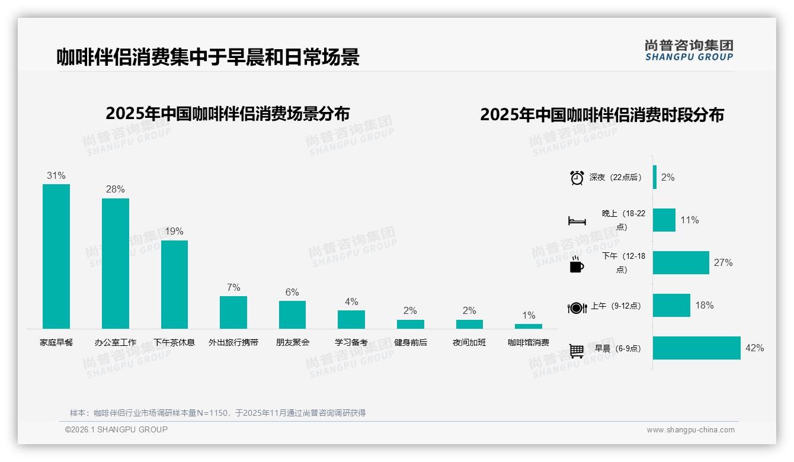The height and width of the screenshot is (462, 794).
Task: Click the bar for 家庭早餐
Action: [x=56, y=256]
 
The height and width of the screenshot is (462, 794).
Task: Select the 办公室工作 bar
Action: [x=115, y=263]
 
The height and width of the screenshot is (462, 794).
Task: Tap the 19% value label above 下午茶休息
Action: [x=174, y=231]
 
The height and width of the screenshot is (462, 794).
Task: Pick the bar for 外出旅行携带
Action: [x=233, y=312]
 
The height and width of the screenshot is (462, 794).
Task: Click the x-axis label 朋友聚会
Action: [x=292, y=342]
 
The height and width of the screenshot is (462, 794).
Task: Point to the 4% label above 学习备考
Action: [x=351, y=301]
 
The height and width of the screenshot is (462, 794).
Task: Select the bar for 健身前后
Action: [x=410, y=324]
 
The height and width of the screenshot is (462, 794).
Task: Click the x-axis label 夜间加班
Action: [x=469, y=342]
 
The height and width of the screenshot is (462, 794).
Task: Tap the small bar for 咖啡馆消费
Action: [x=528, y=326]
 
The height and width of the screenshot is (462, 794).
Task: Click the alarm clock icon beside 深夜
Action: [x=577, y=178]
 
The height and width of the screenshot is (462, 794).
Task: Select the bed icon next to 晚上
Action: [x=577, y=221]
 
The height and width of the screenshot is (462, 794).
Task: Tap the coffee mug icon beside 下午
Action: [x=577, y=264]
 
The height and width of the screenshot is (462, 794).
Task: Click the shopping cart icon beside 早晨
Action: [x=577, y=351]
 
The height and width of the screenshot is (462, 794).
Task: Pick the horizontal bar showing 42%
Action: [x=696, y=348]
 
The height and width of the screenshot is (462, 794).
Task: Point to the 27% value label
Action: [x=723, y=262]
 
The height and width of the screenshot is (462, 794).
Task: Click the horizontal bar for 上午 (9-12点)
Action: [x=671, y=306]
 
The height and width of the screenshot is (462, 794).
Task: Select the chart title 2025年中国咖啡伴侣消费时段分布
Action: [x=601, y=115]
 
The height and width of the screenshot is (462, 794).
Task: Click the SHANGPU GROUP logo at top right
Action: [x=689, y=50]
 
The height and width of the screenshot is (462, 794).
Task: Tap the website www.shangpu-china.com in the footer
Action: [x=690, y=430]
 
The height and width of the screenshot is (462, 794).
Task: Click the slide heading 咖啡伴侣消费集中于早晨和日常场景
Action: [x=207, y=57]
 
